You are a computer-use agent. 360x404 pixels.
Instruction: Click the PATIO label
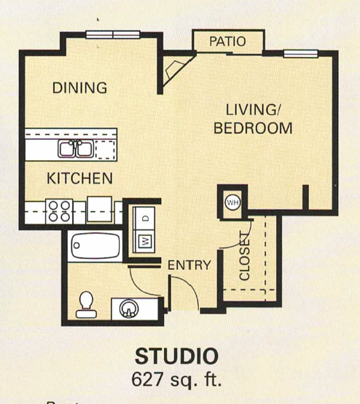coord(227,41)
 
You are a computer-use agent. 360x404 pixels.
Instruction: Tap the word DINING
coord(79,88)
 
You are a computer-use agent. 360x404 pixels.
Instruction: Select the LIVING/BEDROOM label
coord(252,119)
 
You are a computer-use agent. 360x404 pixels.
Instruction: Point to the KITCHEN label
coord(79,178)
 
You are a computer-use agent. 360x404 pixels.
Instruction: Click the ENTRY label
coord(189,265)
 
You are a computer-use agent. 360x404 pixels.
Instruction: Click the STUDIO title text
coord(176,357)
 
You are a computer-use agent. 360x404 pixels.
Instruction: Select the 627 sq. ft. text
coord(176,379)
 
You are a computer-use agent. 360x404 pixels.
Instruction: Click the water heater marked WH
coord(232,202)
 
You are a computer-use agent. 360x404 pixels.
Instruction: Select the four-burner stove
coord(58,211)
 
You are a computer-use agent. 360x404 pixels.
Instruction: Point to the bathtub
coord(95,245)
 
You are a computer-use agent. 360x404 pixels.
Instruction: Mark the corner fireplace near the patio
coord(175,71)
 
